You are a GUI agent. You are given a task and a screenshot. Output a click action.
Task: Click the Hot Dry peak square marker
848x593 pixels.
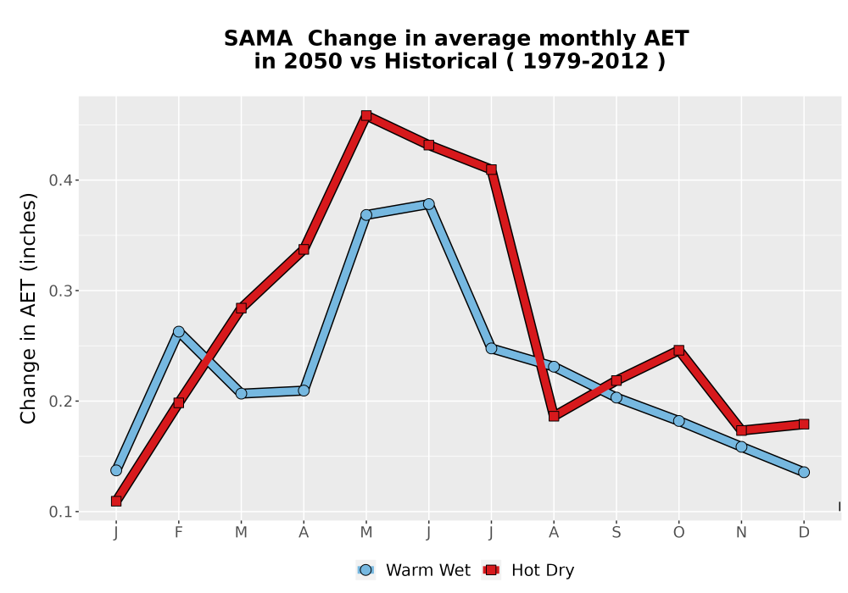click(366, 115)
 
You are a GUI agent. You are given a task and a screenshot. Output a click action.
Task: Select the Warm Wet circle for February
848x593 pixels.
click(178, 331)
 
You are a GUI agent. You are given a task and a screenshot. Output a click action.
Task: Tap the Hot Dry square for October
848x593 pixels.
click(678, 350)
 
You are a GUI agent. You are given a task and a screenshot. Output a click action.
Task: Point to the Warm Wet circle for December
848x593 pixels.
click(804, 472)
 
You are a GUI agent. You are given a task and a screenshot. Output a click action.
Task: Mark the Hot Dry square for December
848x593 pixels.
click(804, 424)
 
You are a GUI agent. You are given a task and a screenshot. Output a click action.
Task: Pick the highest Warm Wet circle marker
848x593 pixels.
click(428, 204)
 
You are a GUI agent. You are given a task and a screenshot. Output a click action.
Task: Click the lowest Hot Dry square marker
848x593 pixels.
click(116, 502)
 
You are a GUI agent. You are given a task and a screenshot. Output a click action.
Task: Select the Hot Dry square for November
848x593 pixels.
click(741, 430)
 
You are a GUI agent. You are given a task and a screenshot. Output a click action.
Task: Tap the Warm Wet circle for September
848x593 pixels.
click(616, 397)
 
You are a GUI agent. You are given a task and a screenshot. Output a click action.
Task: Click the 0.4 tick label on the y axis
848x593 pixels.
click(60, 180)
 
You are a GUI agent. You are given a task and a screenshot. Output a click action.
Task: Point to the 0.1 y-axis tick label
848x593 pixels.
click(60, 512)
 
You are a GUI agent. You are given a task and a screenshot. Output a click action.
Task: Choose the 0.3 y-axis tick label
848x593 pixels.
click(60, 291)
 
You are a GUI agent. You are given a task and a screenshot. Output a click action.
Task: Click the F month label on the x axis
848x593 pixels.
click(178, 533)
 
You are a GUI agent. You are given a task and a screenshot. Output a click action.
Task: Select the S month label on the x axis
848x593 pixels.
click(616, 533)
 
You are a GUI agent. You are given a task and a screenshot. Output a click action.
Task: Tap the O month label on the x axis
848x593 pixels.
click(678, 533)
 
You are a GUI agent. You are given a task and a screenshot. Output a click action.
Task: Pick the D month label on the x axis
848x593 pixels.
click(804, 533)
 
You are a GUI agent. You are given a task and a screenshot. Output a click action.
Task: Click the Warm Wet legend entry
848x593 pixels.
click(414, 570)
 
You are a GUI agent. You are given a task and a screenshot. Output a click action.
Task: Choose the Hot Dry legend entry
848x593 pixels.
click(527, 570)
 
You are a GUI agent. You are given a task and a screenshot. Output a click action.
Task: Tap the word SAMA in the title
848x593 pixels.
click(258, 39)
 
